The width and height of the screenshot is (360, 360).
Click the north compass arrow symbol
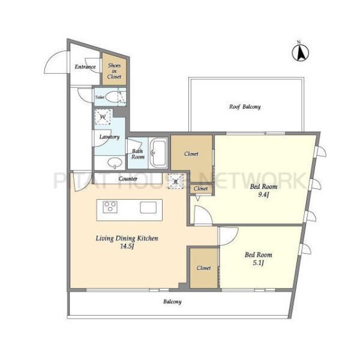tap(301, 53)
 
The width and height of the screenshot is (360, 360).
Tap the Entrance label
tap(85, 67)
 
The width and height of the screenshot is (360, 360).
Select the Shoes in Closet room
tap(114, 69)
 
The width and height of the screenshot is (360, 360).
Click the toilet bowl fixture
tap(113, 96)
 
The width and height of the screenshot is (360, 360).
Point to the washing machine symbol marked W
tap(103, 116)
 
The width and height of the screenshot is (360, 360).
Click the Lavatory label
tap(110, 137)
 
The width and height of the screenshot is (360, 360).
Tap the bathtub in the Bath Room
tap(158, 152)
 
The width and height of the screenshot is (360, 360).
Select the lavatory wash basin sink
tap(115, 163)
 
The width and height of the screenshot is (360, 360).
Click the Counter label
tap(128, 178)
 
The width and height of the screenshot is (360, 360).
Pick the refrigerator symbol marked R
tap(176, 181)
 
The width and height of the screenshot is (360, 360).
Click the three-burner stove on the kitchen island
tap(110, 207)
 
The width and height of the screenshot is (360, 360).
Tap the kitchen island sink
tap(148, 208)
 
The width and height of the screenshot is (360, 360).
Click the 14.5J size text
tap(127, 247)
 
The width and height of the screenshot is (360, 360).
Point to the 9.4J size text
tap(263, 194)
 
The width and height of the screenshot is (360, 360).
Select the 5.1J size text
tap(258, 263)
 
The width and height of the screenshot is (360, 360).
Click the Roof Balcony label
tap(245, 107)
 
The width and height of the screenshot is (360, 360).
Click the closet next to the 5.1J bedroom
tap(203, 268)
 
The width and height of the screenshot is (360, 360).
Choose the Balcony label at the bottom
tap(172, 301)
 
